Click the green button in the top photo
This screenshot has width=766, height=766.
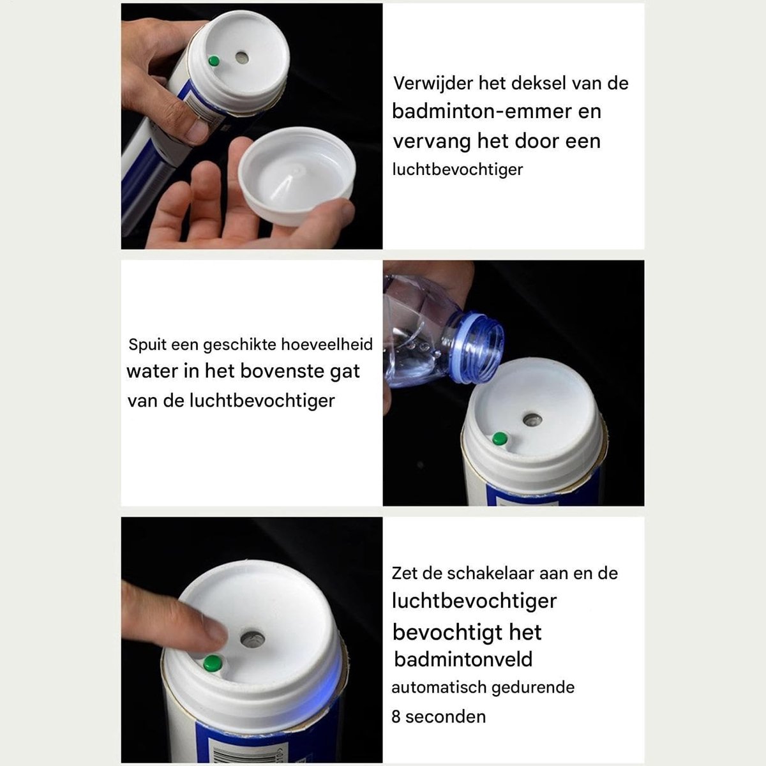(x=214, y=61)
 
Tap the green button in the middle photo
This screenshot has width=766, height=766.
(x=500, y=439)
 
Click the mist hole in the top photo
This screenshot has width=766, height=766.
(x=242, y=57)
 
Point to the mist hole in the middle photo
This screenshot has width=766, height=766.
(x=532, y=419)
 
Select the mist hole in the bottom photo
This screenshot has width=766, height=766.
(x=252, y=640)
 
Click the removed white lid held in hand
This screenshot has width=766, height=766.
(x=297, y=176)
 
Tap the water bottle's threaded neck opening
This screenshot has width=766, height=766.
(x=481, y=349)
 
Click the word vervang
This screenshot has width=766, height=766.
(x=432, y=142)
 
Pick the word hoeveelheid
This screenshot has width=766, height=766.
(x=327, y=344)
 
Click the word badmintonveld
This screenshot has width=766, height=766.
(x=463, y=659)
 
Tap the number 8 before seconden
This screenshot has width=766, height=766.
(x=396, y=717)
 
